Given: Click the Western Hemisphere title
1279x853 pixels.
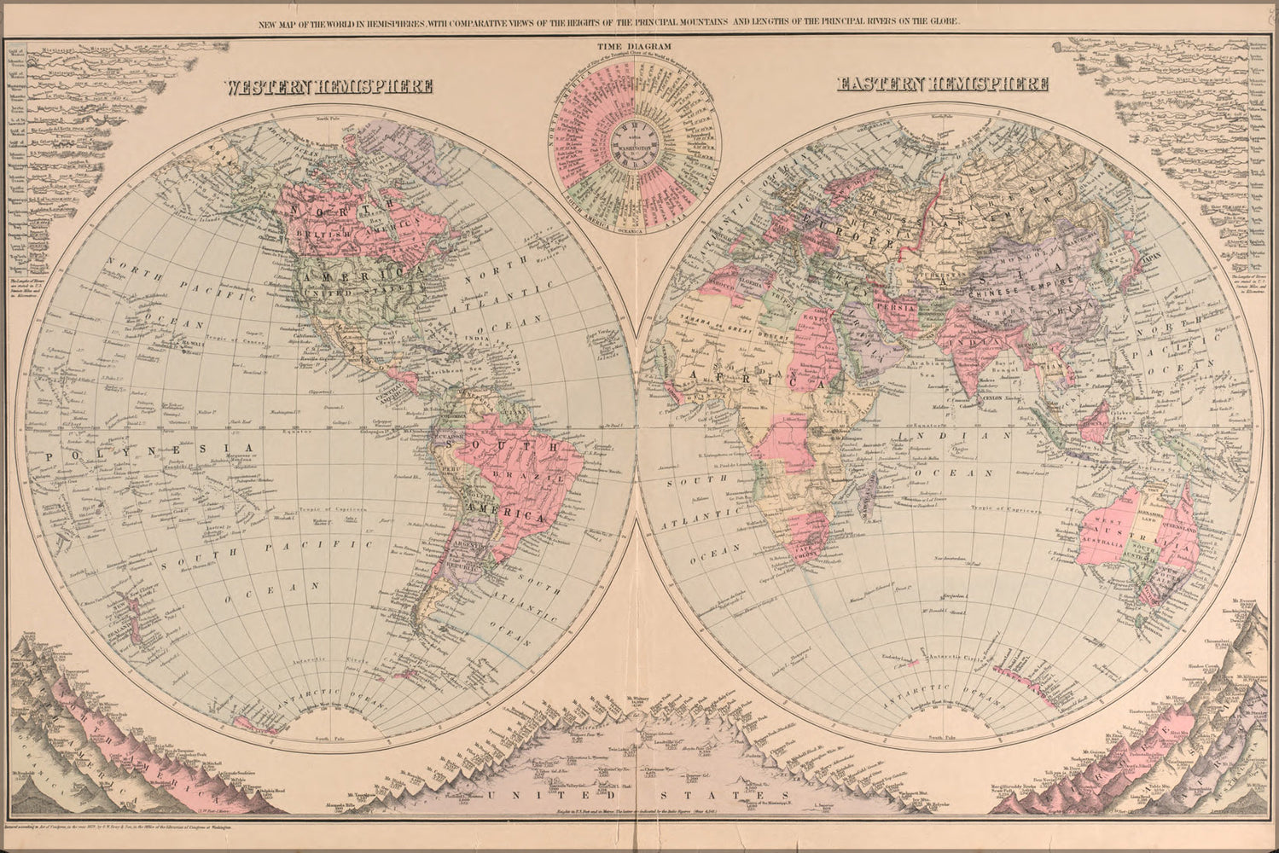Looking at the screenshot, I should coord(328,86).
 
